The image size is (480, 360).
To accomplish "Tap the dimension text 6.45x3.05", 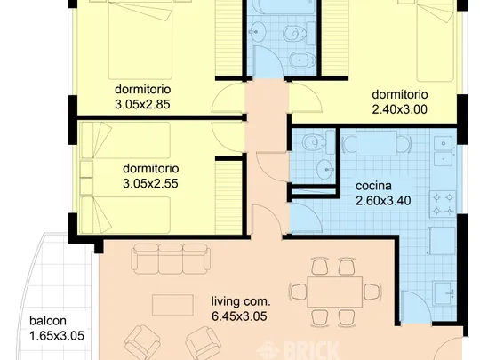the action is tap(239, 316).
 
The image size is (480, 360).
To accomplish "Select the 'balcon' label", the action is tap(48, 321).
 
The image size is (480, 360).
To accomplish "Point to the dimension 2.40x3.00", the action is tap(399, 109).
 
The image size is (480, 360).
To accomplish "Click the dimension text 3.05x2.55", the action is tap(150, 184).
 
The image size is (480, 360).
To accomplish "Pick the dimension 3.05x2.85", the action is tap(142, 104).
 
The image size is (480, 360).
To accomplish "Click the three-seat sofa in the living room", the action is tap(171, 259).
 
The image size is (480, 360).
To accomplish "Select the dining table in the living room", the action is tap(335, 292).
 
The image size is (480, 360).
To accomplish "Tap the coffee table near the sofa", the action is tap(172, 305).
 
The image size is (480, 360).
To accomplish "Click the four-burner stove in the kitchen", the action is tap(443, 204).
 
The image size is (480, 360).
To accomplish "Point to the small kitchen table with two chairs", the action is tap(377, 143).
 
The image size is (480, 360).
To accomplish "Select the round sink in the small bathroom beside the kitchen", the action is tap(325, 169).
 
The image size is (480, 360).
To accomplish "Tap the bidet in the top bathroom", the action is tap(302, 60).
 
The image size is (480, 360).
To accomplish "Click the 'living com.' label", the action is tap(241, 301).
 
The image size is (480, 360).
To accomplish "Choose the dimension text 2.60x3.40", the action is tap(383, 201).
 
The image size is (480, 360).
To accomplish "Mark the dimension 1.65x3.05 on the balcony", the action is tap(57, 336).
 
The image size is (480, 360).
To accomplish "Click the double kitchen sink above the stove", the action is tap(443, 151).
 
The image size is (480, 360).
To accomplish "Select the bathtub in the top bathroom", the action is tap(284, 7).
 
